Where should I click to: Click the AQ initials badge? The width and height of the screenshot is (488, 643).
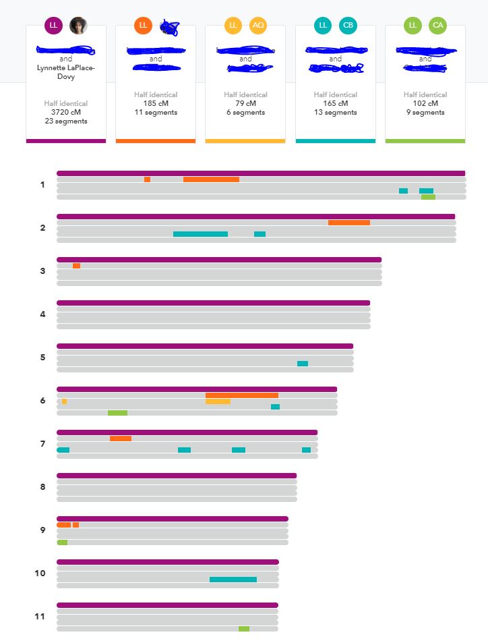[258, 26]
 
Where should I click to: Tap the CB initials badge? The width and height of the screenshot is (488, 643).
[348, 26]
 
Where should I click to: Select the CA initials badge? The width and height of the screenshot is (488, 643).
[438, 26]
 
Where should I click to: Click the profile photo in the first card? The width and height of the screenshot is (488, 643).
[78, 26]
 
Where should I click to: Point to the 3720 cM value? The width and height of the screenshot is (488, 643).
[66, 113]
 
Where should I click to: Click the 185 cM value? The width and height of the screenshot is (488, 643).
[156, 104]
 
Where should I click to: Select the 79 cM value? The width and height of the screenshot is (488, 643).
[245, 104]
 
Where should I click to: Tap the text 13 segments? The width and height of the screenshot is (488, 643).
[336, 113]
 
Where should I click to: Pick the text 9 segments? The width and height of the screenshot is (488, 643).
[425, 113]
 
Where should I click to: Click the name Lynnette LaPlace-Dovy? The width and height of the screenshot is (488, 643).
[66, 72]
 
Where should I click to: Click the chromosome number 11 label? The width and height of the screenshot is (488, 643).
[40, 617]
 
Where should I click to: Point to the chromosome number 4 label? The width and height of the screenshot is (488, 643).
[43, 314]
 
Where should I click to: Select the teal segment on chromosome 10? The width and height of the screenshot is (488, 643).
[233, 580]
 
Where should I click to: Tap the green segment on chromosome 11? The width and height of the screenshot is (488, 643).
[244, 629]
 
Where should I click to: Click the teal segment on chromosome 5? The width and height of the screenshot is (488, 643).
[303, 364]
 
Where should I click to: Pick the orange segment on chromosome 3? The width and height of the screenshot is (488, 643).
[76, 266]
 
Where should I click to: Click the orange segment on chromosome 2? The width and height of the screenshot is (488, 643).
[349, 223]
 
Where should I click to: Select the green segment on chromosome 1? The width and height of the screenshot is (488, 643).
[428, 197]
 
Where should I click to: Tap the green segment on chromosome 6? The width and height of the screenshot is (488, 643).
[117, 413]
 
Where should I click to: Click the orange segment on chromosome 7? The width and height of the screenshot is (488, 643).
[121, 439]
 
